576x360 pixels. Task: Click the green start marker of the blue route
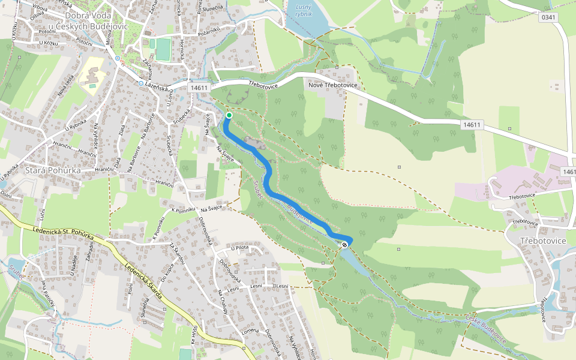[x=229, y=115]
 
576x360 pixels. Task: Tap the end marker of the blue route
[x=345, y=244]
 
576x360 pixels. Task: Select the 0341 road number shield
[x=548, y=17]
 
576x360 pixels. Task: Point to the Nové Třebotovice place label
[x=332, y=85]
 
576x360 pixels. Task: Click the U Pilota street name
[x=239, y=247]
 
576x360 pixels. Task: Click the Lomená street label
[x=248, y=331]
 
